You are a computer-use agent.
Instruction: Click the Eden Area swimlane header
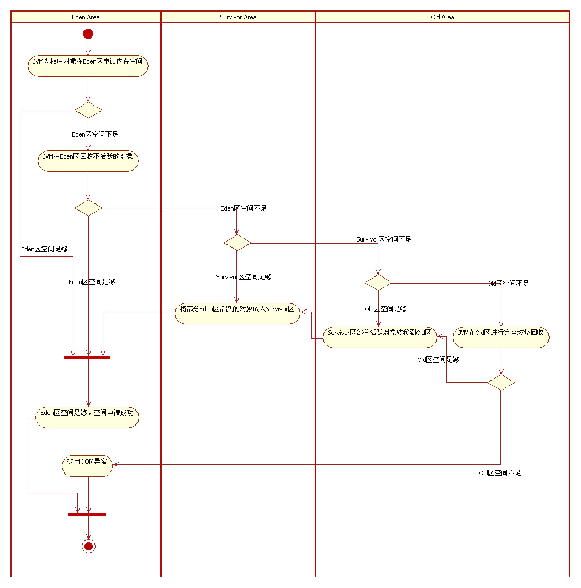[x=86, y=17]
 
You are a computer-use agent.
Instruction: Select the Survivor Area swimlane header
[x=238, y=17]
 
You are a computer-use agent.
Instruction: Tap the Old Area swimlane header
[x=442, y=17]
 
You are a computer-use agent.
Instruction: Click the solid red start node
[x=88, y=34]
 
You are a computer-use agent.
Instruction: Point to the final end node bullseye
[x=88, y=546]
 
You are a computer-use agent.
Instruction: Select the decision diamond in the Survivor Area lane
[x=237, y=243]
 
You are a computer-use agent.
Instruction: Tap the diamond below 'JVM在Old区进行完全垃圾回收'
[x=501, y=382]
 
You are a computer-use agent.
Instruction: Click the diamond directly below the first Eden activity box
[x=88, y=110]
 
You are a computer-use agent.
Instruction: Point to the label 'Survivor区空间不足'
[x=384, y=239]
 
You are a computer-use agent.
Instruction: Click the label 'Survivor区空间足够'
[x=244, y=277]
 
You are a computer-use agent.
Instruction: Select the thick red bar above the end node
[x=87, y=514]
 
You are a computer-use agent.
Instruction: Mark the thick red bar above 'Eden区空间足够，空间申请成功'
[x=87, y=358]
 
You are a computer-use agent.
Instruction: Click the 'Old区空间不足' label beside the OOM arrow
[x=500, y=473]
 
